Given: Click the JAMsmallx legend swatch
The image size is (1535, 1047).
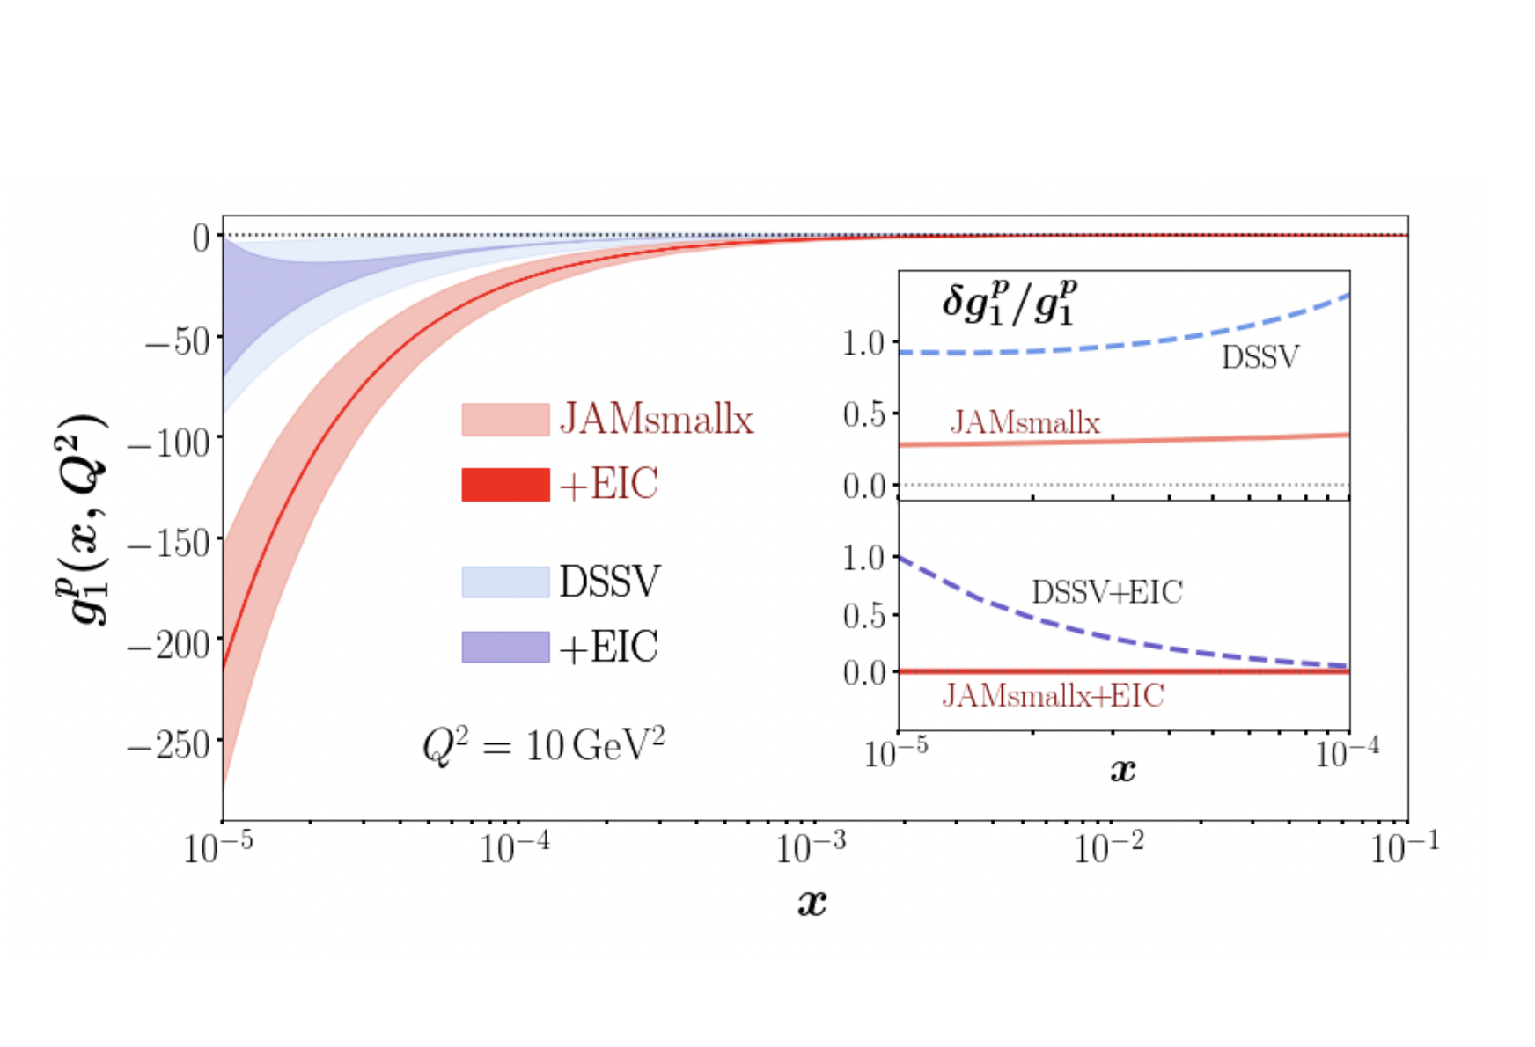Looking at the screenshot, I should coord(505,420).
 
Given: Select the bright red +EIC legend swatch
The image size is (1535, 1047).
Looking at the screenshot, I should coord(505,485).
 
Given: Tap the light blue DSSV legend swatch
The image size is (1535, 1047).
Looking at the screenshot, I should coord(505,582).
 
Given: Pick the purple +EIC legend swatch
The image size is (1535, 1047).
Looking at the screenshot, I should coord(505,648).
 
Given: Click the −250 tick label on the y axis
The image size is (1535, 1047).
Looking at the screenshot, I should coord(169,746).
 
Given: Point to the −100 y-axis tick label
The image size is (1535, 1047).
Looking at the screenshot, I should coord(169,442).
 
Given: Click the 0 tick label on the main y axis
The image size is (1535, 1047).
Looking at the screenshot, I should coord(202,238).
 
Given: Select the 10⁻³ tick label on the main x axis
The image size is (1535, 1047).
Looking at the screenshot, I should coord(811,847).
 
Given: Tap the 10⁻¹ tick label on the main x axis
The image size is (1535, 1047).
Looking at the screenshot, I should coord(1405,847).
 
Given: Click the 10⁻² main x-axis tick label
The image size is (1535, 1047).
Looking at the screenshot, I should coord(1108,847).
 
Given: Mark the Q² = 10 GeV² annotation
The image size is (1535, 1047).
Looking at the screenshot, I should coord(543,746).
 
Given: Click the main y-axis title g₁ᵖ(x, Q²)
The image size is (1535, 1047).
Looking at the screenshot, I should coord(82,519).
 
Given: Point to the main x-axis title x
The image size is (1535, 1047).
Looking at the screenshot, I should coord(812,902).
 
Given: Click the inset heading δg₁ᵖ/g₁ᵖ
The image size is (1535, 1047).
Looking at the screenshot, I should coord(1010,302).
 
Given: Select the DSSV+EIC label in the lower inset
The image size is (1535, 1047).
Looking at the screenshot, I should coord(1106,592).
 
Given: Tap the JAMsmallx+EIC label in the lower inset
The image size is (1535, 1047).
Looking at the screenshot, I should coord(1053,696).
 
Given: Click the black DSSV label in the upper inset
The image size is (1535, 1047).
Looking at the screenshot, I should coord(1260,357).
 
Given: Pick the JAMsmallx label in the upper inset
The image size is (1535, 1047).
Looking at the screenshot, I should coord(1025,423).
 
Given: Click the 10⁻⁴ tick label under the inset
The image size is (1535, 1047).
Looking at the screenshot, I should coord(1347,753).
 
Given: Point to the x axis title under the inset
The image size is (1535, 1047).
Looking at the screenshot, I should coord(1122,771).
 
